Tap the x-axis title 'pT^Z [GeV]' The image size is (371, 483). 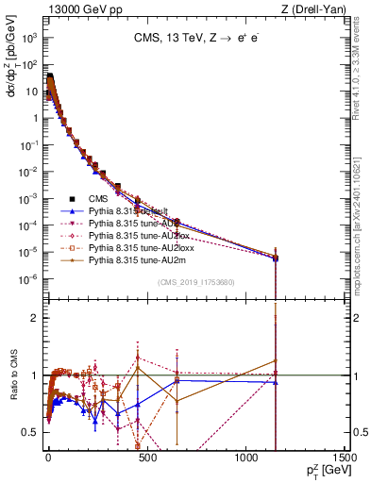click(321, 471)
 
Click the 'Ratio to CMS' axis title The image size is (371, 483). click(14, 375)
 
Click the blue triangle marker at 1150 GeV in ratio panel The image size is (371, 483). click(276, 382)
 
